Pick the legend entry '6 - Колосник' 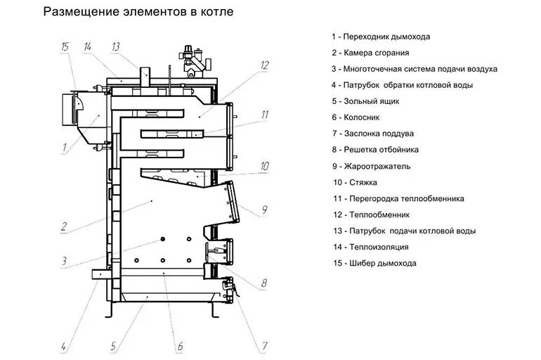pyautogui.click(x=361, y=117)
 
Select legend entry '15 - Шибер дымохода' pyautogui.click(x=374, y=264)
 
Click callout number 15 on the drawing pyautogui.click(x=65, y=47)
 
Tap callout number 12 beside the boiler pyautogui.click(x=264, y=65)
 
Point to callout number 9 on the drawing pyautogui.click(x=264, y=209)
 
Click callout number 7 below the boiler pyautogui.click(x=264, y=345)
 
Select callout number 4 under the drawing pyautogui.click(x=63, y=345)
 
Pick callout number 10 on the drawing pyautogui.click(x=264, y=167)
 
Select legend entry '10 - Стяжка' pyautogui.click(x=357, y=182)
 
